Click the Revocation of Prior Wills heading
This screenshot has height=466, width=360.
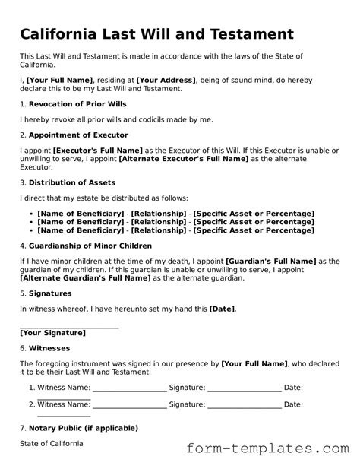pyautogui.click(x=77, y=103)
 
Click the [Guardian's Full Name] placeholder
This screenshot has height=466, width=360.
pyautogui.click(x=271, y=262)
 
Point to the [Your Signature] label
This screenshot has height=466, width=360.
pyautogui.click(x=52, y=332)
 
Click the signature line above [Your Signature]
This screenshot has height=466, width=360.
pyautogui.click(x=69, y=327)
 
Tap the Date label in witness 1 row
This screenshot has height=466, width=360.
pyautogui.click(x=293, y=387)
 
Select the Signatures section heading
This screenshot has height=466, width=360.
pyautogui.click(x=50, y=293)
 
